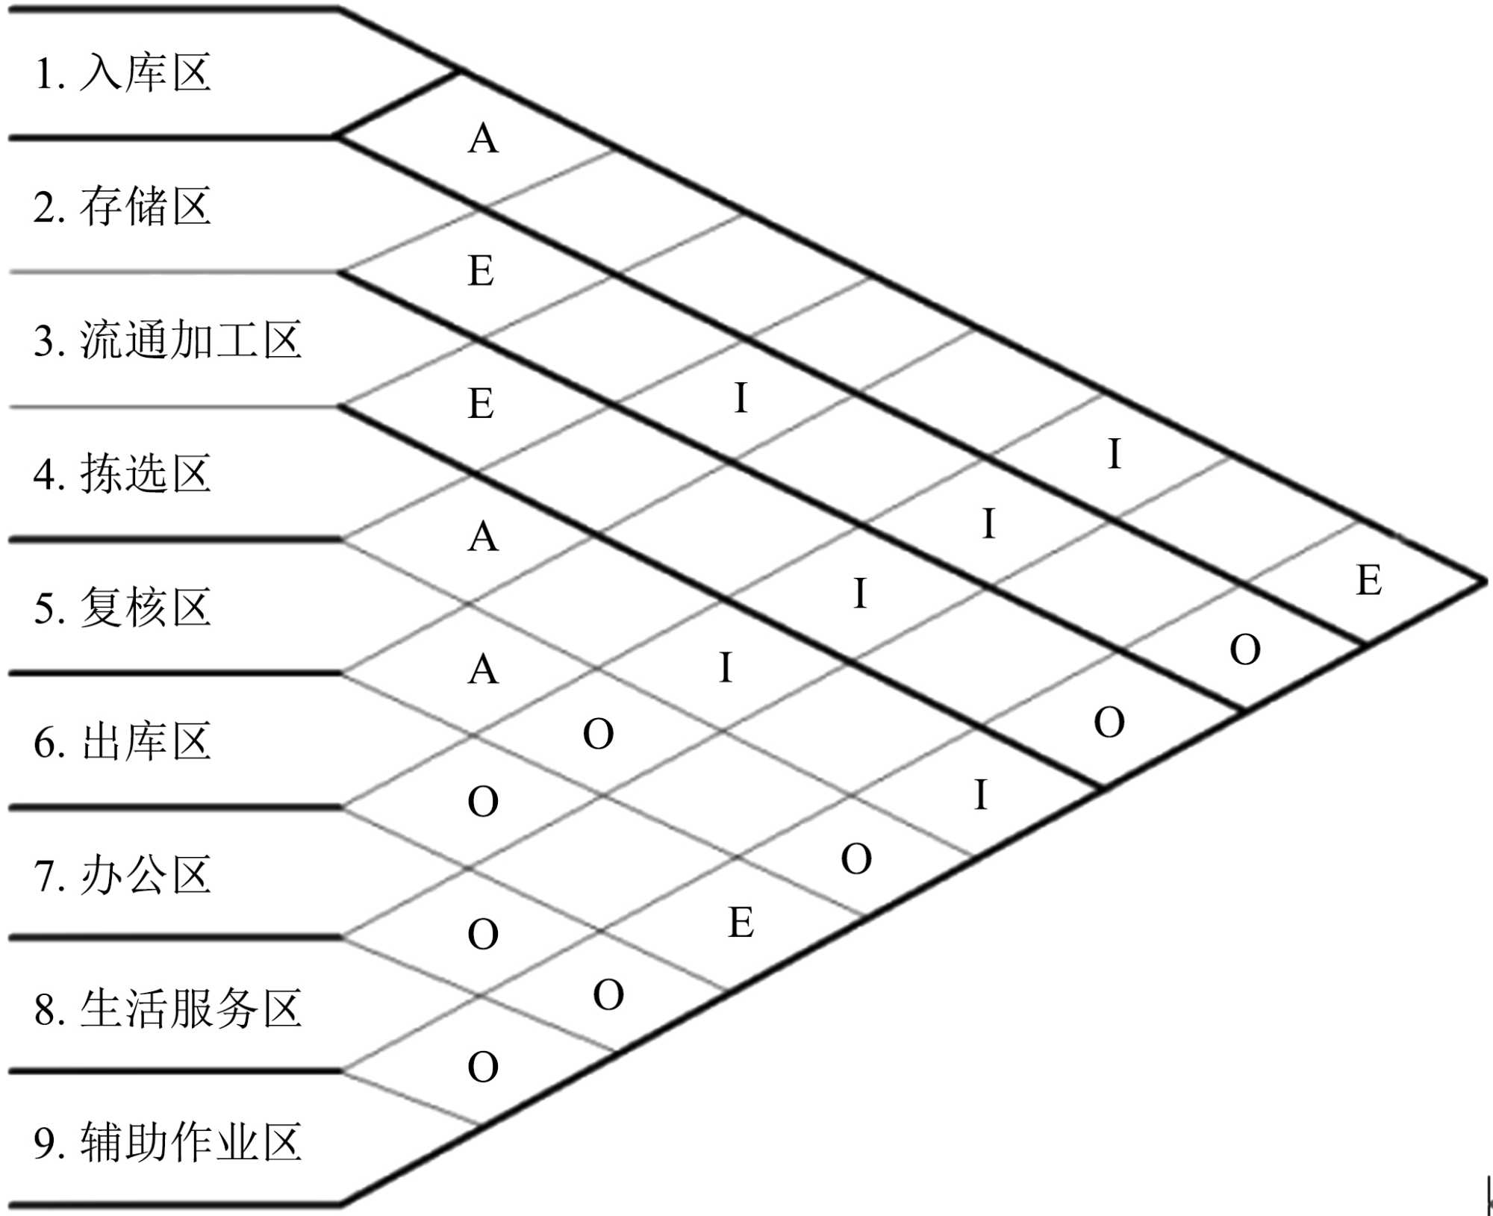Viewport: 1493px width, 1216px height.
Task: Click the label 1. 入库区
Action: point(123,73)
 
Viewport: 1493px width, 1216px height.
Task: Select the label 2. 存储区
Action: point(123,206)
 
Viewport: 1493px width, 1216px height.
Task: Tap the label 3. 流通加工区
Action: point(168,340)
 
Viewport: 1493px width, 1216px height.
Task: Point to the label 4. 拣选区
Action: point(123,473)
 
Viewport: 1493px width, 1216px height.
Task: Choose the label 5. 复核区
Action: point(123,607)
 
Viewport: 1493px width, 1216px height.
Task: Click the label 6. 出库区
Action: point(123,741)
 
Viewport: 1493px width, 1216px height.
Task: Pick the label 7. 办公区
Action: point(123,874)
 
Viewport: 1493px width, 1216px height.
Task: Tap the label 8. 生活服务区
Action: point(168,1008)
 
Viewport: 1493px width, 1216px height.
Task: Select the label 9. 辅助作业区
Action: point(168,1142)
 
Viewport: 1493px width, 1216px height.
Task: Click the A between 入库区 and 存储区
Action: point(483,139)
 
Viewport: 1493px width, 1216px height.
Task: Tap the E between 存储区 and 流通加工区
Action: point(481,270)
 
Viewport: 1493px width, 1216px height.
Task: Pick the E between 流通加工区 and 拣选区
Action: point(481,404)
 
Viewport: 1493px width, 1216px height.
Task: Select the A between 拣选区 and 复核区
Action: point(483,537)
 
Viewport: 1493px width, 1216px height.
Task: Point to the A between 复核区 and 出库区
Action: point(483,669)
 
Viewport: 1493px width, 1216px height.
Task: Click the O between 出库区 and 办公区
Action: point(483,802)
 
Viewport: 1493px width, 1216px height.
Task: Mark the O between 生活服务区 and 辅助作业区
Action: point(483,1067)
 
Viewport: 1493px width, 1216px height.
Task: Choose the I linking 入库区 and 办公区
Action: point(1115,454)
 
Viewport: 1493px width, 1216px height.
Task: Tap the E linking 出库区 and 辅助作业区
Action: point(741,923)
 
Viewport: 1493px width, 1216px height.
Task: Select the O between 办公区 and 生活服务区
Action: point(483,934)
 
